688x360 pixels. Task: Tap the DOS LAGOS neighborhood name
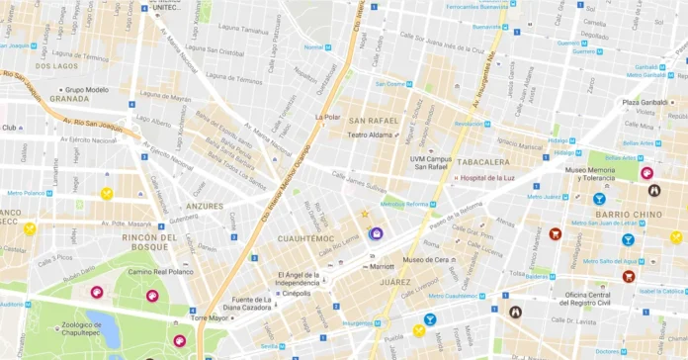pyautogui.click(x=56, y=66)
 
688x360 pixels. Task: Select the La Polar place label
pyautogui.click(x=326, y=116)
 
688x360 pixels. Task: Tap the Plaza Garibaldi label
pyautogui.click(x=647, y=101)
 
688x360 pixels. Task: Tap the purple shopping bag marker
pyautogui.click(x=377, y=233)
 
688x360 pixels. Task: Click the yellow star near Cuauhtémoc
pyautogui.click(x=364, y=213)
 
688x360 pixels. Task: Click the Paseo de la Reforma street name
pyautogui.click(x=454, y=209)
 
